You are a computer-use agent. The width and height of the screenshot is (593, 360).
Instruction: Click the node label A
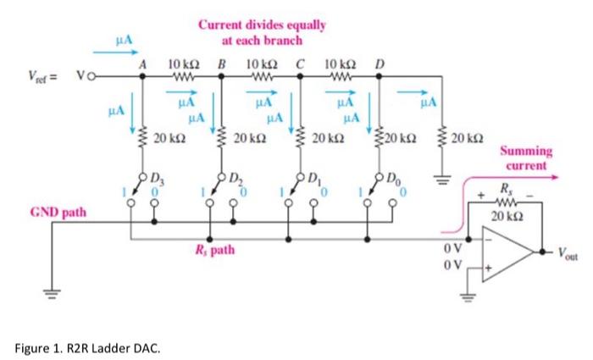[142, 64]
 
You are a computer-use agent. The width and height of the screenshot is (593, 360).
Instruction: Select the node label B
[222, 64]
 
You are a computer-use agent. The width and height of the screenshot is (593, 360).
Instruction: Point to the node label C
[300, 64]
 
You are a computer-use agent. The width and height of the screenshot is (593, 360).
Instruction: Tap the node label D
[379, 64]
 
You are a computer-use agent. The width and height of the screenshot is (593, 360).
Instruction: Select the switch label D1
[314, 179]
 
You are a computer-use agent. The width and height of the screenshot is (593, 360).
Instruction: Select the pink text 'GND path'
[58, 212]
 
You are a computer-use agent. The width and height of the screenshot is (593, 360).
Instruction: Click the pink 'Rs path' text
[213, 251]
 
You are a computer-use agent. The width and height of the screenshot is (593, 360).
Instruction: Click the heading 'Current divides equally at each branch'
[262, 32]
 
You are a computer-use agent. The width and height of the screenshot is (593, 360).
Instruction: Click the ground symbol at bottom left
[50, 296]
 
